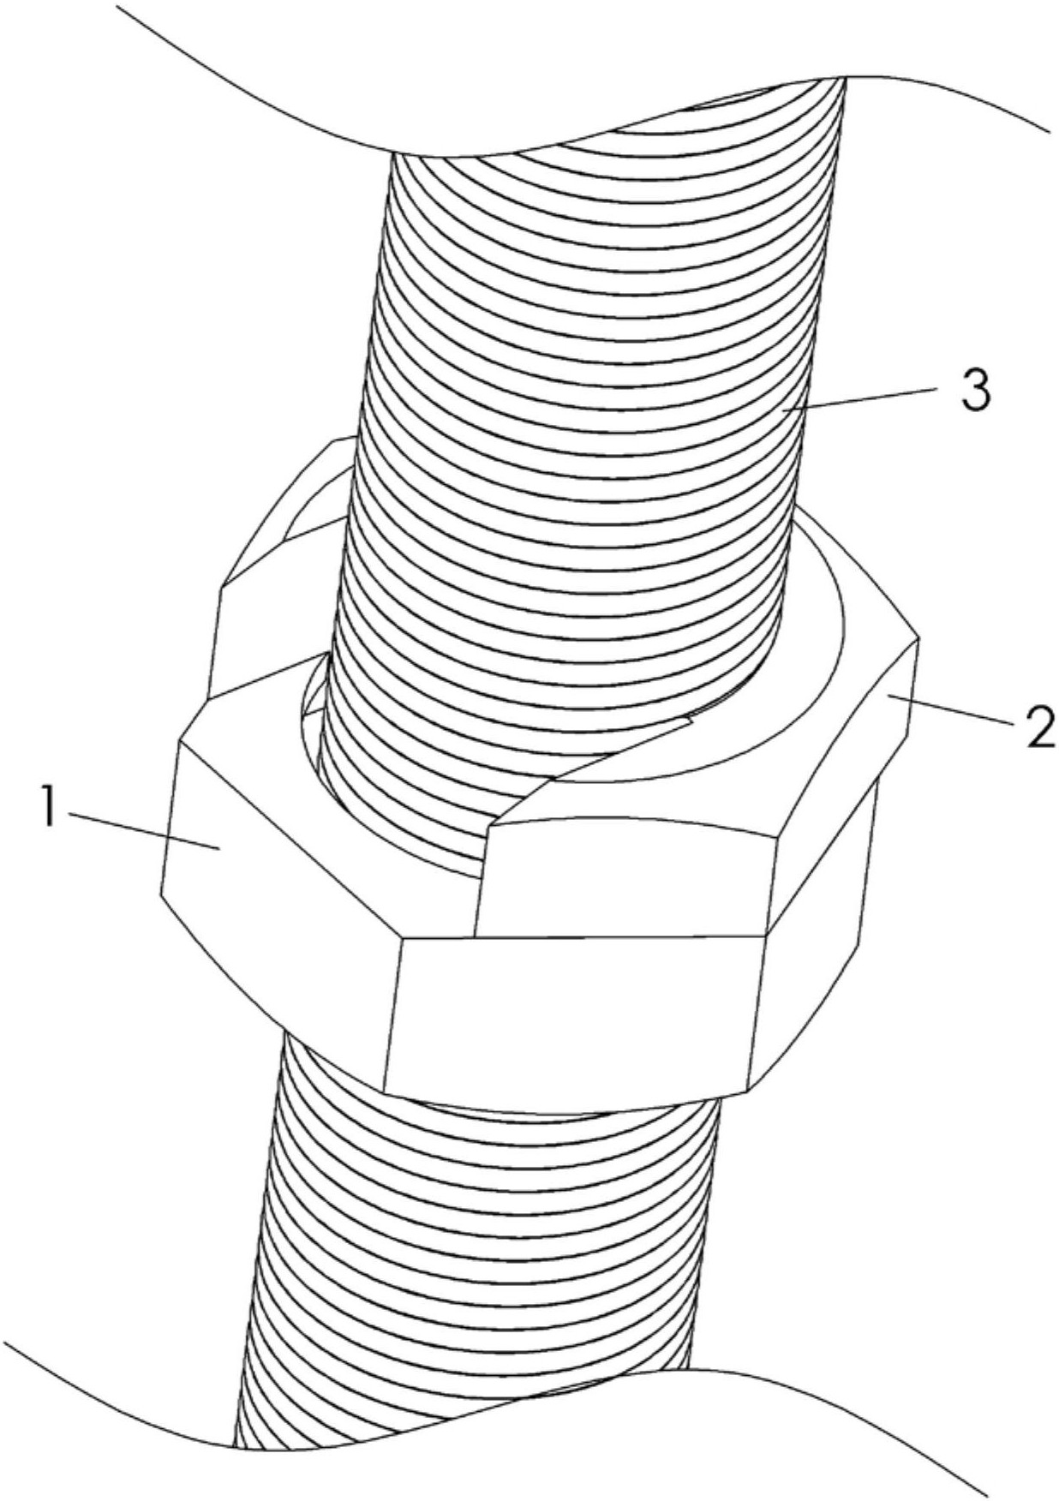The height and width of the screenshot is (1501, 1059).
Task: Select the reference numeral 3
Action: pos(966,389)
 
